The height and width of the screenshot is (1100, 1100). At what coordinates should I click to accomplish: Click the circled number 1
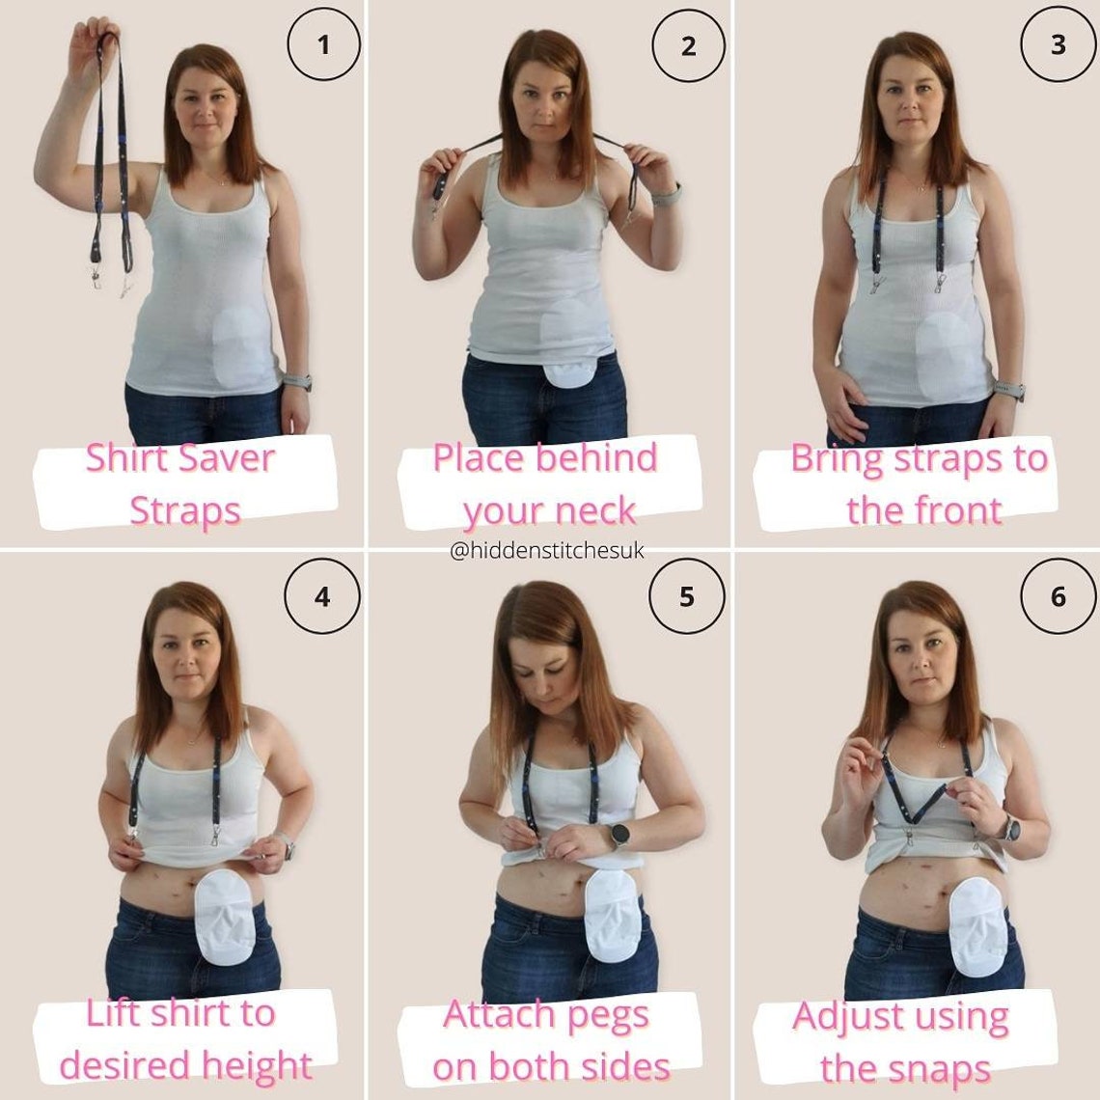[323, 44]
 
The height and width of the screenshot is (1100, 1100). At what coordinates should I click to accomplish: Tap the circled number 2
[688, 45]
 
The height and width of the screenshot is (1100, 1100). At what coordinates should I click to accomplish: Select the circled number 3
[1058, 44]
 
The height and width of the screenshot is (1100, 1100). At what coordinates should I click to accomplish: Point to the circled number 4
[322, 597]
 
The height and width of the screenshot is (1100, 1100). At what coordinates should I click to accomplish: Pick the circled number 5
[687, 597]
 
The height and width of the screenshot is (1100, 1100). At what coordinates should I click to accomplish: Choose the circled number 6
[1058, 597]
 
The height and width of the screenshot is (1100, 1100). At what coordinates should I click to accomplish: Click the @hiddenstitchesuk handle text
[547, 551]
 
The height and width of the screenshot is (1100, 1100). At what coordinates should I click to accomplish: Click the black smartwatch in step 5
[619, 835]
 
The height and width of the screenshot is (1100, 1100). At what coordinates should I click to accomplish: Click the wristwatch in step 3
[1009, 390]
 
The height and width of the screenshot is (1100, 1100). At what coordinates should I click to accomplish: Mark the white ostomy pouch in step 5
[611, 915]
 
